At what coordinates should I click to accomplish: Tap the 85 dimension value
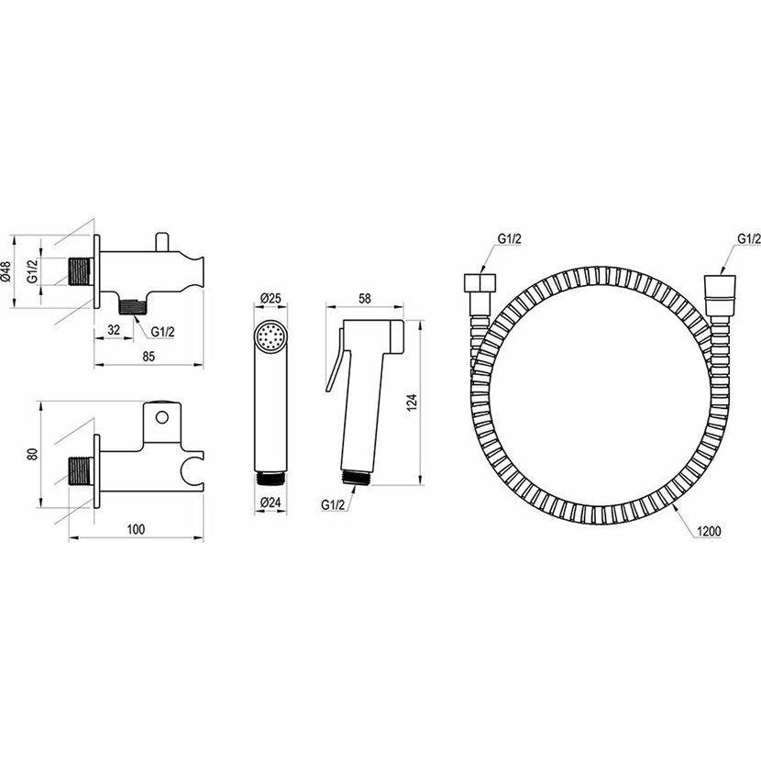coord(149,357)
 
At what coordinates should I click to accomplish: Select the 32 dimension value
coord(114,330)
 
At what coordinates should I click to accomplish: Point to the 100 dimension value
coord(136,529)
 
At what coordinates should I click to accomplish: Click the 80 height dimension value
coord(32,455)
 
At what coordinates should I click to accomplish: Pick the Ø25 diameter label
coord(270,298)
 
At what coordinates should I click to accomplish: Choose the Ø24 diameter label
coord(270,502)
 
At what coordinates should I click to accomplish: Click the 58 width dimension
coord(365,299)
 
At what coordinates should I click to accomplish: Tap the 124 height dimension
coord(412,403)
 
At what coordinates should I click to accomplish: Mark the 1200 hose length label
coord(709,532)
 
